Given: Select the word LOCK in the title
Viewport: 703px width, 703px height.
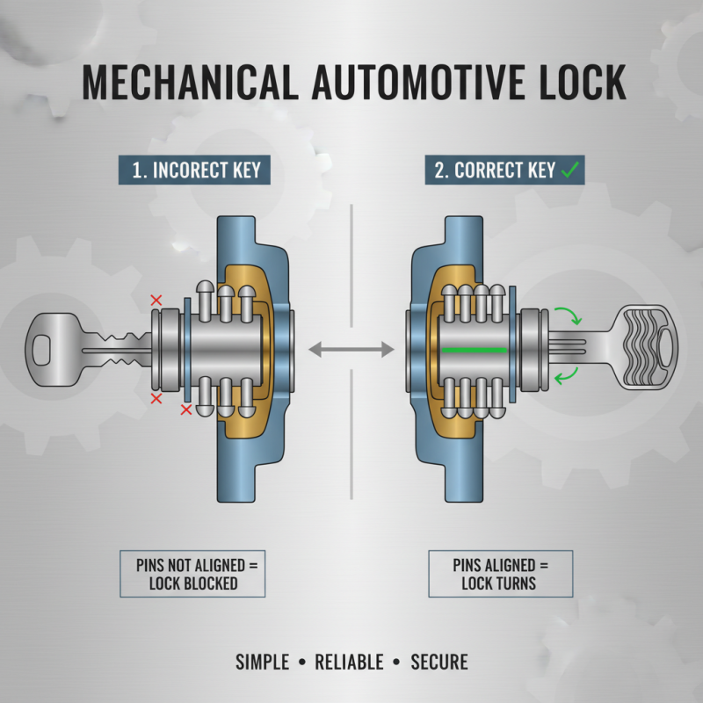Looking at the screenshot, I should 575,83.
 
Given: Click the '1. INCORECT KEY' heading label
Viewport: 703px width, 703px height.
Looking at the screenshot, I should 196,170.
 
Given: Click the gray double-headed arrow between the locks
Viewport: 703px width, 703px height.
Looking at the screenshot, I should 351,350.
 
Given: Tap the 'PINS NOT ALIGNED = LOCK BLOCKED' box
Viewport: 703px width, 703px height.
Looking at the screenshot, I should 192,574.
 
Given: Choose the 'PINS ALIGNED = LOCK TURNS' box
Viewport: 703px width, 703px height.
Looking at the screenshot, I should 499,574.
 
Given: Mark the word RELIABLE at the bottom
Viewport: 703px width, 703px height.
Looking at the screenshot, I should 351,662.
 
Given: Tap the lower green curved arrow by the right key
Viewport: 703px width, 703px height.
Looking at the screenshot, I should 563,378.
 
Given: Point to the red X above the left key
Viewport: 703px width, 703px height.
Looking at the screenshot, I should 156,301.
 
